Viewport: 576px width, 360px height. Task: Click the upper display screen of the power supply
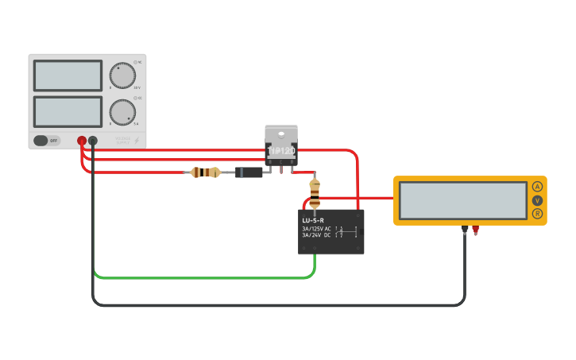click(68, 75)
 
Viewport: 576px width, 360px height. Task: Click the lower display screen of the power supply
click(68, 111)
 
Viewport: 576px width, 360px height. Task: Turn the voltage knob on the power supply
click(122, 75)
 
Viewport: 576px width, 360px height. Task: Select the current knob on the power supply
click(122, 112)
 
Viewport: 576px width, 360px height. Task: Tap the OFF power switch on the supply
click(47, 141)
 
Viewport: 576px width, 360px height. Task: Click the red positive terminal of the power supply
click(82, 141)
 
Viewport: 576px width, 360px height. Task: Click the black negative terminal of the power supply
click(93, 141)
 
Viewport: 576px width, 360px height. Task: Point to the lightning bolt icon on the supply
click(137, 141)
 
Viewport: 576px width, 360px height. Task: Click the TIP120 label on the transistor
click(281, 150)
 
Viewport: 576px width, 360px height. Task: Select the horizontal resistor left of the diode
click(207, 172)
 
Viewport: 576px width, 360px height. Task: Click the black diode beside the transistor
click(249, 172)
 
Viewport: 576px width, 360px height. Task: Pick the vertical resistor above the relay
click(315, 192)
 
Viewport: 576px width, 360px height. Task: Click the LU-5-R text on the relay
click(313, 220)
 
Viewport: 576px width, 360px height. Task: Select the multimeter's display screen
click(462, 200)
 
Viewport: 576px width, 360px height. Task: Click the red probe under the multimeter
click(475, 230)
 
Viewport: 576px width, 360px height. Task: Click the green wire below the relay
click(199, 278)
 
